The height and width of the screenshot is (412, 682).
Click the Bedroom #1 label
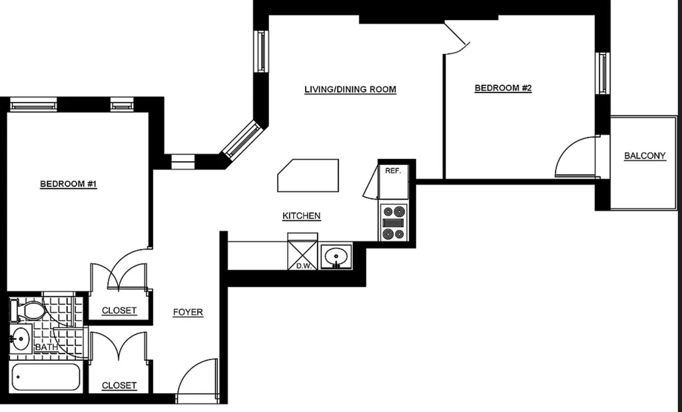(69, 184)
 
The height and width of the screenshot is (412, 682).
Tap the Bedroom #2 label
(503, 88)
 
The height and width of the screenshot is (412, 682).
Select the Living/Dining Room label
(350, 90)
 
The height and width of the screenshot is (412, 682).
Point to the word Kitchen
(302, 216)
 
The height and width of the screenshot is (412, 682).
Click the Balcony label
(645, 156)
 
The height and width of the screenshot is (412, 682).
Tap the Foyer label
(188, 312)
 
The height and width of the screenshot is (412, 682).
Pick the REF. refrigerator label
(393, 171)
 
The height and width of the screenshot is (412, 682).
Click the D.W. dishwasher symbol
(303, 252)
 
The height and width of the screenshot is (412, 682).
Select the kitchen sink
(336, 256)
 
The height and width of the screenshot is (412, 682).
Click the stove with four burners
(394, 223)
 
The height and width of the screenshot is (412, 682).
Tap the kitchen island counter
(308, 175)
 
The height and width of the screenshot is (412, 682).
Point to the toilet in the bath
(28, 310)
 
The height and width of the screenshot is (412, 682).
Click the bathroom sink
(20, 339)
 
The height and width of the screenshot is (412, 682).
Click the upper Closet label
(119, 310)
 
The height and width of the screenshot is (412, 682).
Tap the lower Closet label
(119, 385)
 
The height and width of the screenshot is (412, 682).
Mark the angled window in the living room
(242, 139)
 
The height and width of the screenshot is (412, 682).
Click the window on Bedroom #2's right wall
(602, 73)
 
